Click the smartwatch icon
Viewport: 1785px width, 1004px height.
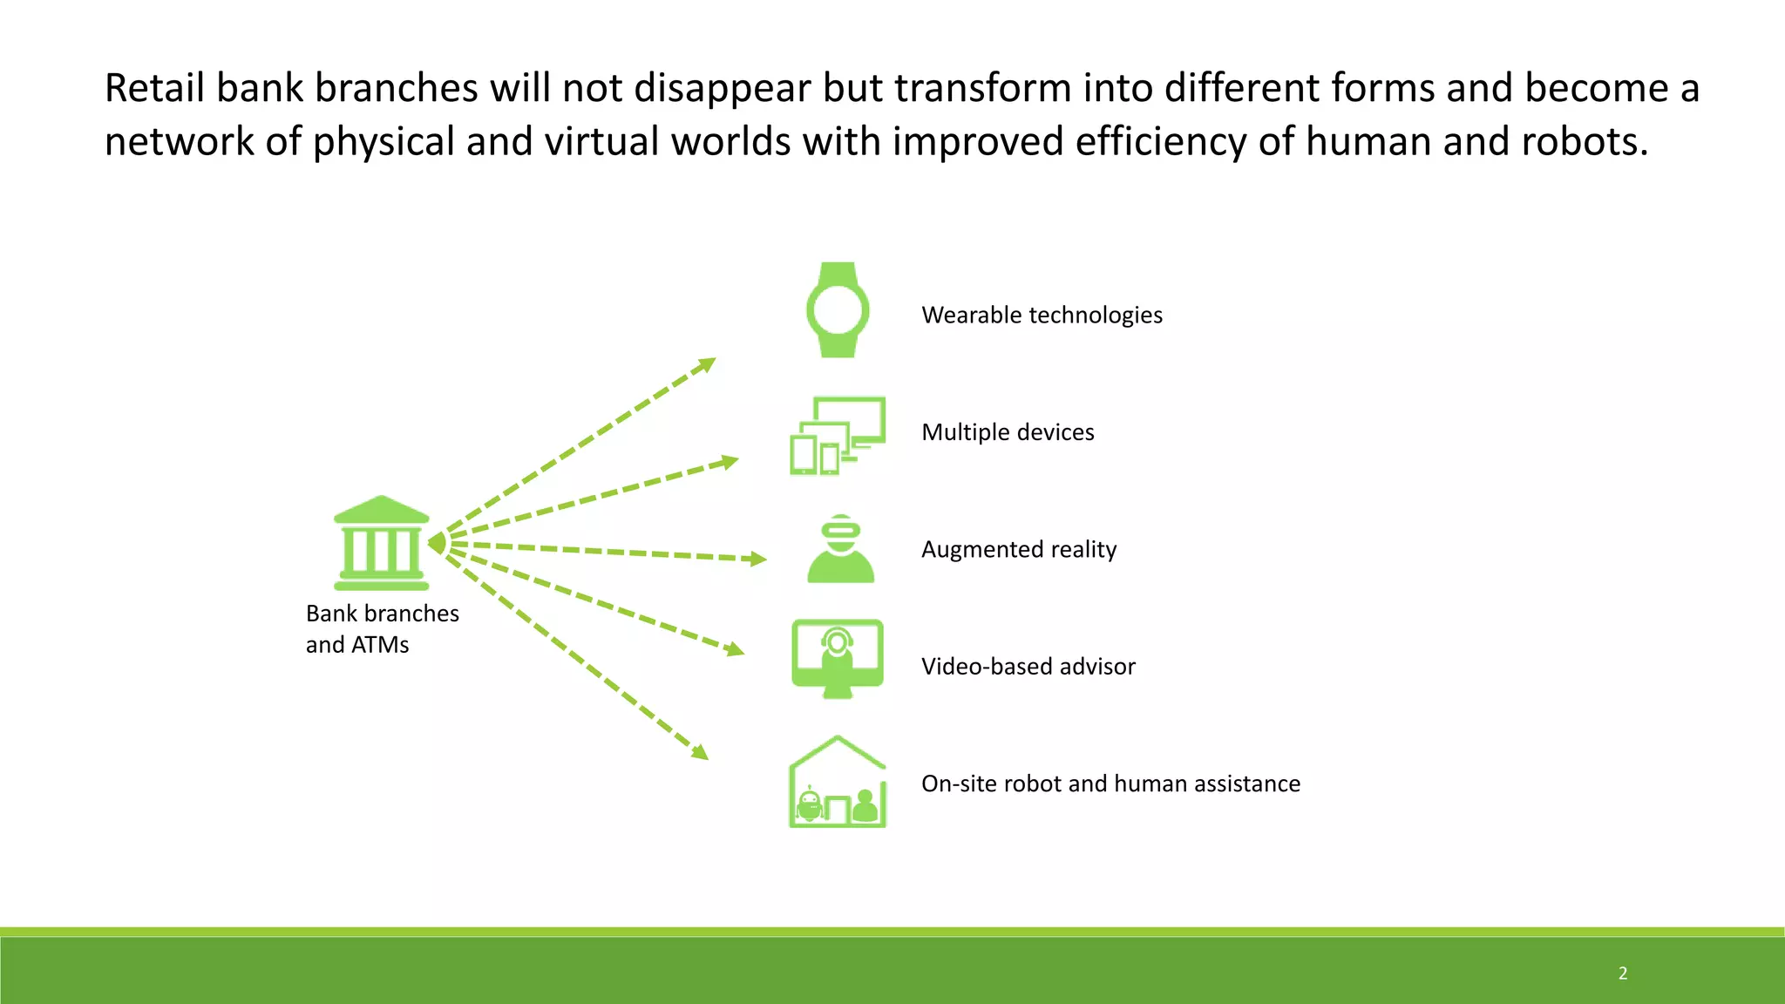[x=838, y=310]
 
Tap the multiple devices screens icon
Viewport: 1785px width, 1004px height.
[x=838, y=436]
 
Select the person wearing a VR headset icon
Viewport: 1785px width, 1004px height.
[x=840, y=549]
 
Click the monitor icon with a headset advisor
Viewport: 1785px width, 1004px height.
[x=838, y=658]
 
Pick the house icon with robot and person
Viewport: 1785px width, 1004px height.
[x=838, y=783]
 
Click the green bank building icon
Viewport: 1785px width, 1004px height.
[x=381, y=543]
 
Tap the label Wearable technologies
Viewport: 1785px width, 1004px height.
[x=1042, y=315]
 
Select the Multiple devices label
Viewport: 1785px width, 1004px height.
[x=1008, y=432]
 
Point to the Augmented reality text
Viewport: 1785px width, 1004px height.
[x=1019, y=549]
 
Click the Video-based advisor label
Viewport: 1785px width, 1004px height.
[x=1028, y=667]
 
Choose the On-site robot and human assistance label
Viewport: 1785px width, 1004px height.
[x=1110, y=784]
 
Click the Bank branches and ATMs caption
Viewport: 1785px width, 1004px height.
[x=382, y=628]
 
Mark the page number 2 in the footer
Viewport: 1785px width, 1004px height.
[x=1623, y=973]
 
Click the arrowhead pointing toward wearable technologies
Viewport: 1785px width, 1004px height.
[x=708, y=363]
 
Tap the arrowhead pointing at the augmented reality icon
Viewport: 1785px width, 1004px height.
[x=759, y=559]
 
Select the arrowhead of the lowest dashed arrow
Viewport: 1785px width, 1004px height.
[x=700, y=752]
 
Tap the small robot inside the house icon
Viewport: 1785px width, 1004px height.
[x=811, y=803]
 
